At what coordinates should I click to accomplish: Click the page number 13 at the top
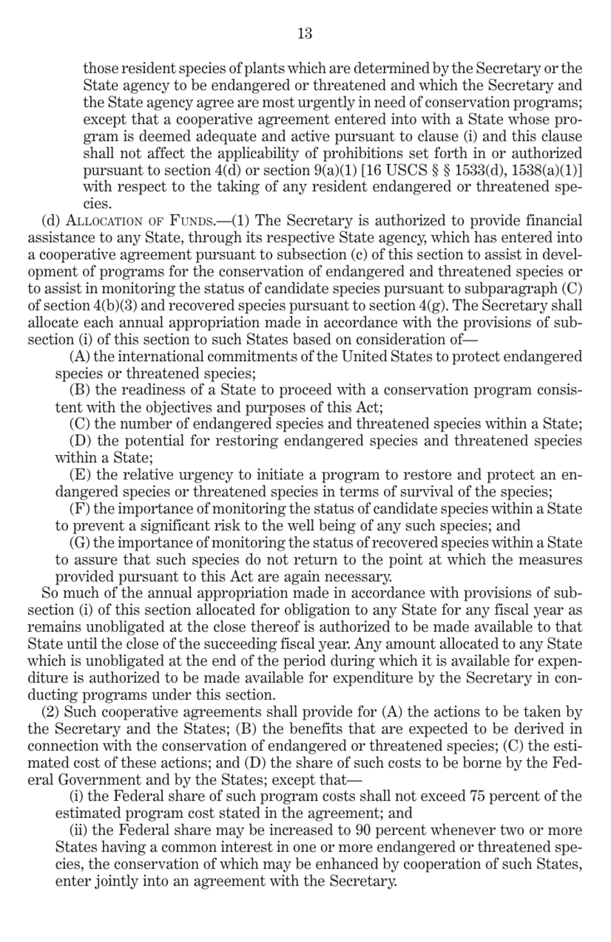305,33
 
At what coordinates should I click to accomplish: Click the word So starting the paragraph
50,594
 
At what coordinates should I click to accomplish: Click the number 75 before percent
497,797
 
